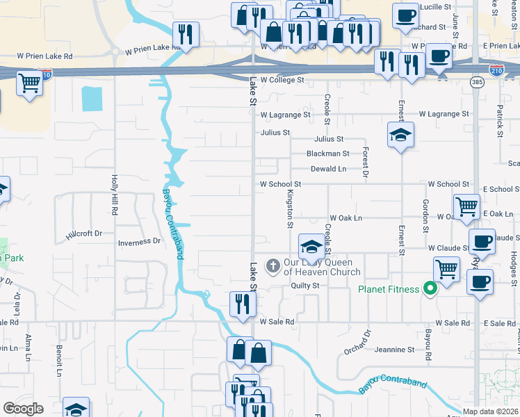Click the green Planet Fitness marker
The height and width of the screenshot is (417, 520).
click(430, 288)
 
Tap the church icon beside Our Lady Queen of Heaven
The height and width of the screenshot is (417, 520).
click(273, 265)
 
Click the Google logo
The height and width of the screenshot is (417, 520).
click(23, 409)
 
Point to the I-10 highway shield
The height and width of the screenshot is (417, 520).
click(47, 73)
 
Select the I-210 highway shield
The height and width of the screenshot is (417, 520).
click(496, 71)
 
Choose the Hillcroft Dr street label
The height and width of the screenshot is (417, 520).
click(84, 234)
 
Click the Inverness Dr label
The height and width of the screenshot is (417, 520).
click(139, 242)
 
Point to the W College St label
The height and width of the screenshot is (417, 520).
click(282, 80)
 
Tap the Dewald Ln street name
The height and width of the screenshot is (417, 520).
click(328, 169)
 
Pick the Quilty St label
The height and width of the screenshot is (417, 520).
click(304, 286)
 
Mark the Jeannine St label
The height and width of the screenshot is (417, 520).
click(396, 350)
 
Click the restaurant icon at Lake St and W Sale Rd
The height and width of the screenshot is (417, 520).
click(243, 304)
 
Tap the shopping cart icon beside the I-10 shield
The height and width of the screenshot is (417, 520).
click(29, 83)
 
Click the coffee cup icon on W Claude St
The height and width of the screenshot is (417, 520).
click(482, 242)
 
